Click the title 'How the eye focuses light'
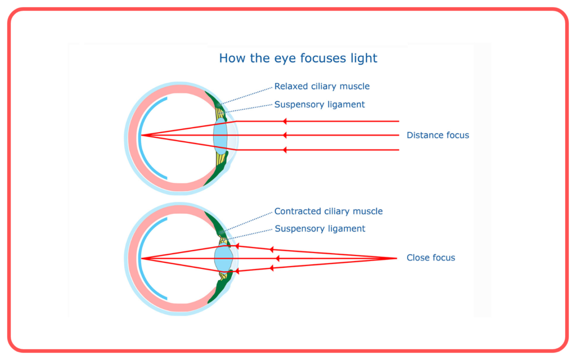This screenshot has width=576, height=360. coord(298,58)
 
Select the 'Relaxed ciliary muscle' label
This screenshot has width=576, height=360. coord(322,86)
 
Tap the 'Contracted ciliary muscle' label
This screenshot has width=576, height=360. coord(328,211)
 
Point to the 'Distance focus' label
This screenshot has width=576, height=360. coord(438,135)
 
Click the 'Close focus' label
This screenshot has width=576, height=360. coord(430,258)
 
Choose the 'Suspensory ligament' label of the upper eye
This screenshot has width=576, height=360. coord(319,104)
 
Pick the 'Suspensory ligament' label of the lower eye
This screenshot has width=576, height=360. coord(320,228)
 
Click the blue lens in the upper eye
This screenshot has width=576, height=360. coord(220,136)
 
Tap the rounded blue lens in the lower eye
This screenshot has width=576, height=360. coord(223,259)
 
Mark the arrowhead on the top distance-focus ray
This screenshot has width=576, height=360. coord(284,121)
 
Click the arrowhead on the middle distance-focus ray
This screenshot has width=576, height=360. coord(284,136)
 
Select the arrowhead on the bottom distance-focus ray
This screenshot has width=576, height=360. coord(284,150)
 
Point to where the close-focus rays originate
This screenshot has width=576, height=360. coord(397,258)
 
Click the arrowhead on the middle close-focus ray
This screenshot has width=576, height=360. coord(277,259)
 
